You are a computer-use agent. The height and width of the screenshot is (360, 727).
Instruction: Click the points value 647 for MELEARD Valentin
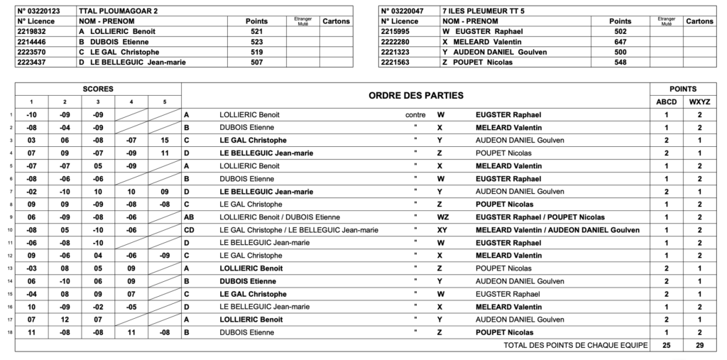click(x=620, y=42)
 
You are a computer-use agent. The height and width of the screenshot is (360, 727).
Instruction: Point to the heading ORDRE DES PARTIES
click(x=415, y=95)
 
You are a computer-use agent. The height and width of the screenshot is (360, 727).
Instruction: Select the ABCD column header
click(x=666, y=102)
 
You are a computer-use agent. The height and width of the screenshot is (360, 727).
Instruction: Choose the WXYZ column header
click(x=699, y=102)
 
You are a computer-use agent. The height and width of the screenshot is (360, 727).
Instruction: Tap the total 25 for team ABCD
click(x=666, y=345)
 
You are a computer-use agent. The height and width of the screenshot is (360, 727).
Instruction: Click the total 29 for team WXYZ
click(x=699, y=345)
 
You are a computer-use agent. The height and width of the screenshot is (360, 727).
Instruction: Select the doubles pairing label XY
click(x=441, y=229)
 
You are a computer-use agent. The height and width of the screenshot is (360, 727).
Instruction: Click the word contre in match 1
click(x=415, y=114)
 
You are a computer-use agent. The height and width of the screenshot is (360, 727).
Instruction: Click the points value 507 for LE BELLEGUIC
click(x=256, y=62)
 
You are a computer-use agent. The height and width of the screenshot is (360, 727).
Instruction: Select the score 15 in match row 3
click(x=165, y=140)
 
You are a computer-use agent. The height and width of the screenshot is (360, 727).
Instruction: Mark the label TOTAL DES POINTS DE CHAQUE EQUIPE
click(x=576, y=345)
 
